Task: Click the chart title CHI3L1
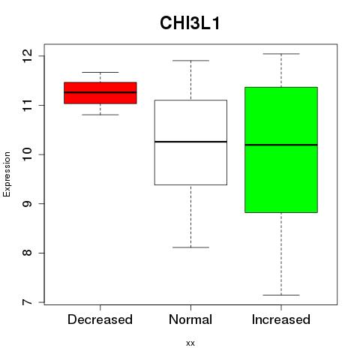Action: pos(190,23)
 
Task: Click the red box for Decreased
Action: pos(100,93)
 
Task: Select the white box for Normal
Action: pos(190,142)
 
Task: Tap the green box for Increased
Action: pos(281,150)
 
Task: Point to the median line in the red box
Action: pos(100,92)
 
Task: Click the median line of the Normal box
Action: pos(190,142)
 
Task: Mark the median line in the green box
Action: pos(281,145)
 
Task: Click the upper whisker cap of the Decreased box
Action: pos(100,72)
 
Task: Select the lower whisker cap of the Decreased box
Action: pos(100,115)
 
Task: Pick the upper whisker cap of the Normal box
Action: pos(190,61)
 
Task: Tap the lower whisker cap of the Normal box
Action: pos(190,247)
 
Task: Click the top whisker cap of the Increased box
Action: pos(281,54)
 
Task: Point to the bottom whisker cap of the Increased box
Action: pos(281,295)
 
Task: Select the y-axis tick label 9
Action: pos(27,204)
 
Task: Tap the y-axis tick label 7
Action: pos(27,302)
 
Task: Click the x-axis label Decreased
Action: pos(100,319)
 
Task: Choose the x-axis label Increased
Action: pos(281,319)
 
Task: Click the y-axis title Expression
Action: pos(7,174)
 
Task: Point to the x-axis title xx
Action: pos(190,343)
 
